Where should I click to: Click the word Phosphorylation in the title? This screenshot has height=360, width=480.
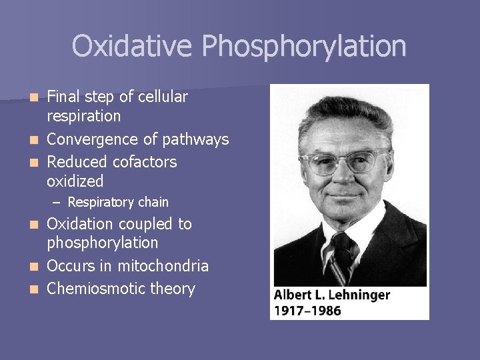pos(304,47)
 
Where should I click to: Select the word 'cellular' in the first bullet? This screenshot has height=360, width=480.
pos(163,97)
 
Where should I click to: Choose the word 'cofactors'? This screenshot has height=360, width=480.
pos(145,162)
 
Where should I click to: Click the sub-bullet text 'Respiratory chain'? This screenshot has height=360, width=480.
pos(118,202)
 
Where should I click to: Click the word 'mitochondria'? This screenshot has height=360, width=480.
pos(163,266)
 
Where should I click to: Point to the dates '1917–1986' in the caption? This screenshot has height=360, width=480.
pos(307,310)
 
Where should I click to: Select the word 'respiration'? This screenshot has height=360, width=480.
pos(84,116)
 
